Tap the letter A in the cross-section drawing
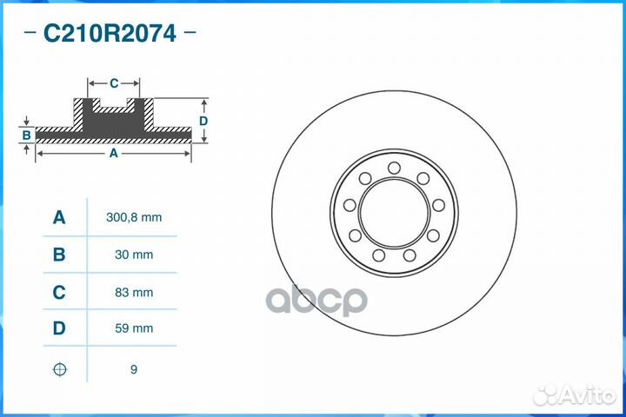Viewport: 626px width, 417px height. (x=113, y=153)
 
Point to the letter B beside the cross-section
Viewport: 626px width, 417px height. (x=27, y=136)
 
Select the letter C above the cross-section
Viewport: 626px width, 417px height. (x=114, y=83)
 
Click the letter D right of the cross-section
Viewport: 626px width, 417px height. (x=203, y=121)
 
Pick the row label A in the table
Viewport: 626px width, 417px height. (x=59, y=217)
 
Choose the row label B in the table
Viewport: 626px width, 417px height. (x=59, y=255)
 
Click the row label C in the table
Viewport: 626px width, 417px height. (x=59, y=292)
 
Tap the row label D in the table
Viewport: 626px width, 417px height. (x=59, y=328)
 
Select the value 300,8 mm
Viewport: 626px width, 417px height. (x=133, y=218)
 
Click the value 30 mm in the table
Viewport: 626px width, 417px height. (x=133, y=255)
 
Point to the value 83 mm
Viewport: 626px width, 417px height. (x=133, y=293)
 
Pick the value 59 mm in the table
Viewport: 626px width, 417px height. (x=133, y=329)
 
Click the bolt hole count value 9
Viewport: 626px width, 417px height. (x=133, y=369)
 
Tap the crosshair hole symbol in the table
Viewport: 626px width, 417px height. (x=59, y=369)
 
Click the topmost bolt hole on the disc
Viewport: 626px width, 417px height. (x=394, y=168)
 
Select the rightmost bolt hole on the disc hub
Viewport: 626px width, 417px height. (x=438, y=205)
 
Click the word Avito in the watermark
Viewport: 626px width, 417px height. (x=587, y=396)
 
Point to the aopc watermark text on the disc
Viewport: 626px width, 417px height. (x=316, y=300)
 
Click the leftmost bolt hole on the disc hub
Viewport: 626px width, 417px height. (x=350, y=205)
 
